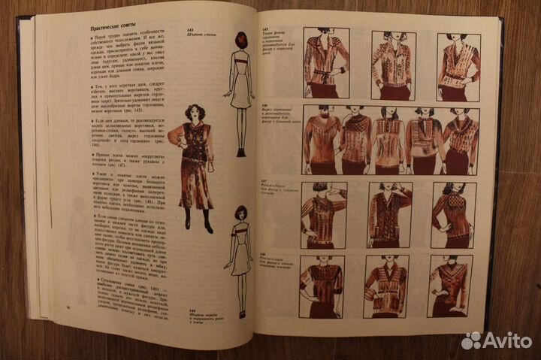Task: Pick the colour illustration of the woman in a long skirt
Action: (193, 162)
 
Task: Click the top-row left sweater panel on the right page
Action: (325, 65)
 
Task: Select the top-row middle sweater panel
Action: (391, 65)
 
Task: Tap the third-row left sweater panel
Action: (324, 213)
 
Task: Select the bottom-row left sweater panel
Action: (322, 286)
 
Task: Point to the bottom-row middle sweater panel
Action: (386, 286)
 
